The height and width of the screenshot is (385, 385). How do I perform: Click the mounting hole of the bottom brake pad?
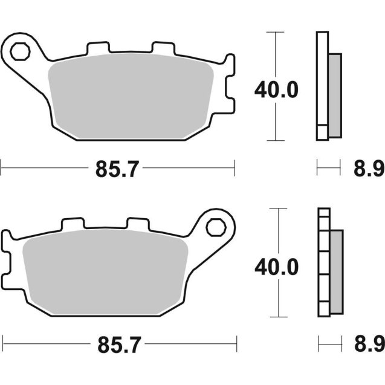214,227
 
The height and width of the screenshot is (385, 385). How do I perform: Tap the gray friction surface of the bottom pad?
106,272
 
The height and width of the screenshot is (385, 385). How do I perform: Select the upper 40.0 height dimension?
276,91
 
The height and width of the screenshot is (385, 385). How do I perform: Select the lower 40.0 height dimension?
276,267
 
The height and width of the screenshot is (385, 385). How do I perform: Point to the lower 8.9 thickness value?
368,346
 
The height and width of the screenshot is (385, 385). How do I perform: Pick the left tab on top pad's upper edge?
97,49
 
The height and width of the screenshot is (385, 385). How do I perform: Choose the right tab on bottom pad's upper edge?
137,224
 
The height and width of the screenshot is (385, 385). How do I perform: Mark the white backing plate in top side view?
322,85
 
